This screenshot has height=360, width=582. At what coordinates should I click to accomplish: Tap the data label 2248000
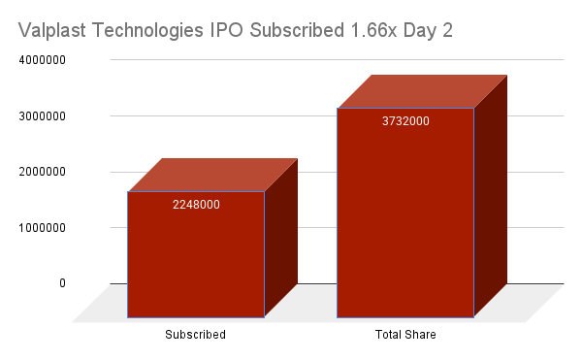(196, 205)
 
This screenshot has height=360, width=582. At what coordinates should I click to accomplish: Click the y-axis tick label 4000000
(41, 60)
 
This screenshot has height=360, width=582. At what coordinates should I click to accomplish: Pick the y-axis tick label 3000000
(41, 115)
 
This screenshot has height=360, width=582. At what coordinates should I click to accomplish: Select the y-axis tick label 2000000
(41, 172)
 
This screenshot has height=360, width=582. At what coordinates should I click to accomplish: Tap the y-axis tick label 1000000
(41, 228)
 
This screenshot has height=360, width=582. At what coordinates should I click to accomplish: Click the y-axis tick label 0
(61, 283)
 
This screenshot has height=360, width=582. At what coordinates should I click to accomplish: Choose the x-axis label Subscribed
(195, 335)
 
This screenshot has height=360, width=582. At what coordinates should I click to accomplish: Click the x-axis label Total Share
(405, 335)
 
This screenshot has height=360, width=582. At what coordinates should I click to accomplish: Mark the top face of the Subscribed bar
(212, 175)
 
